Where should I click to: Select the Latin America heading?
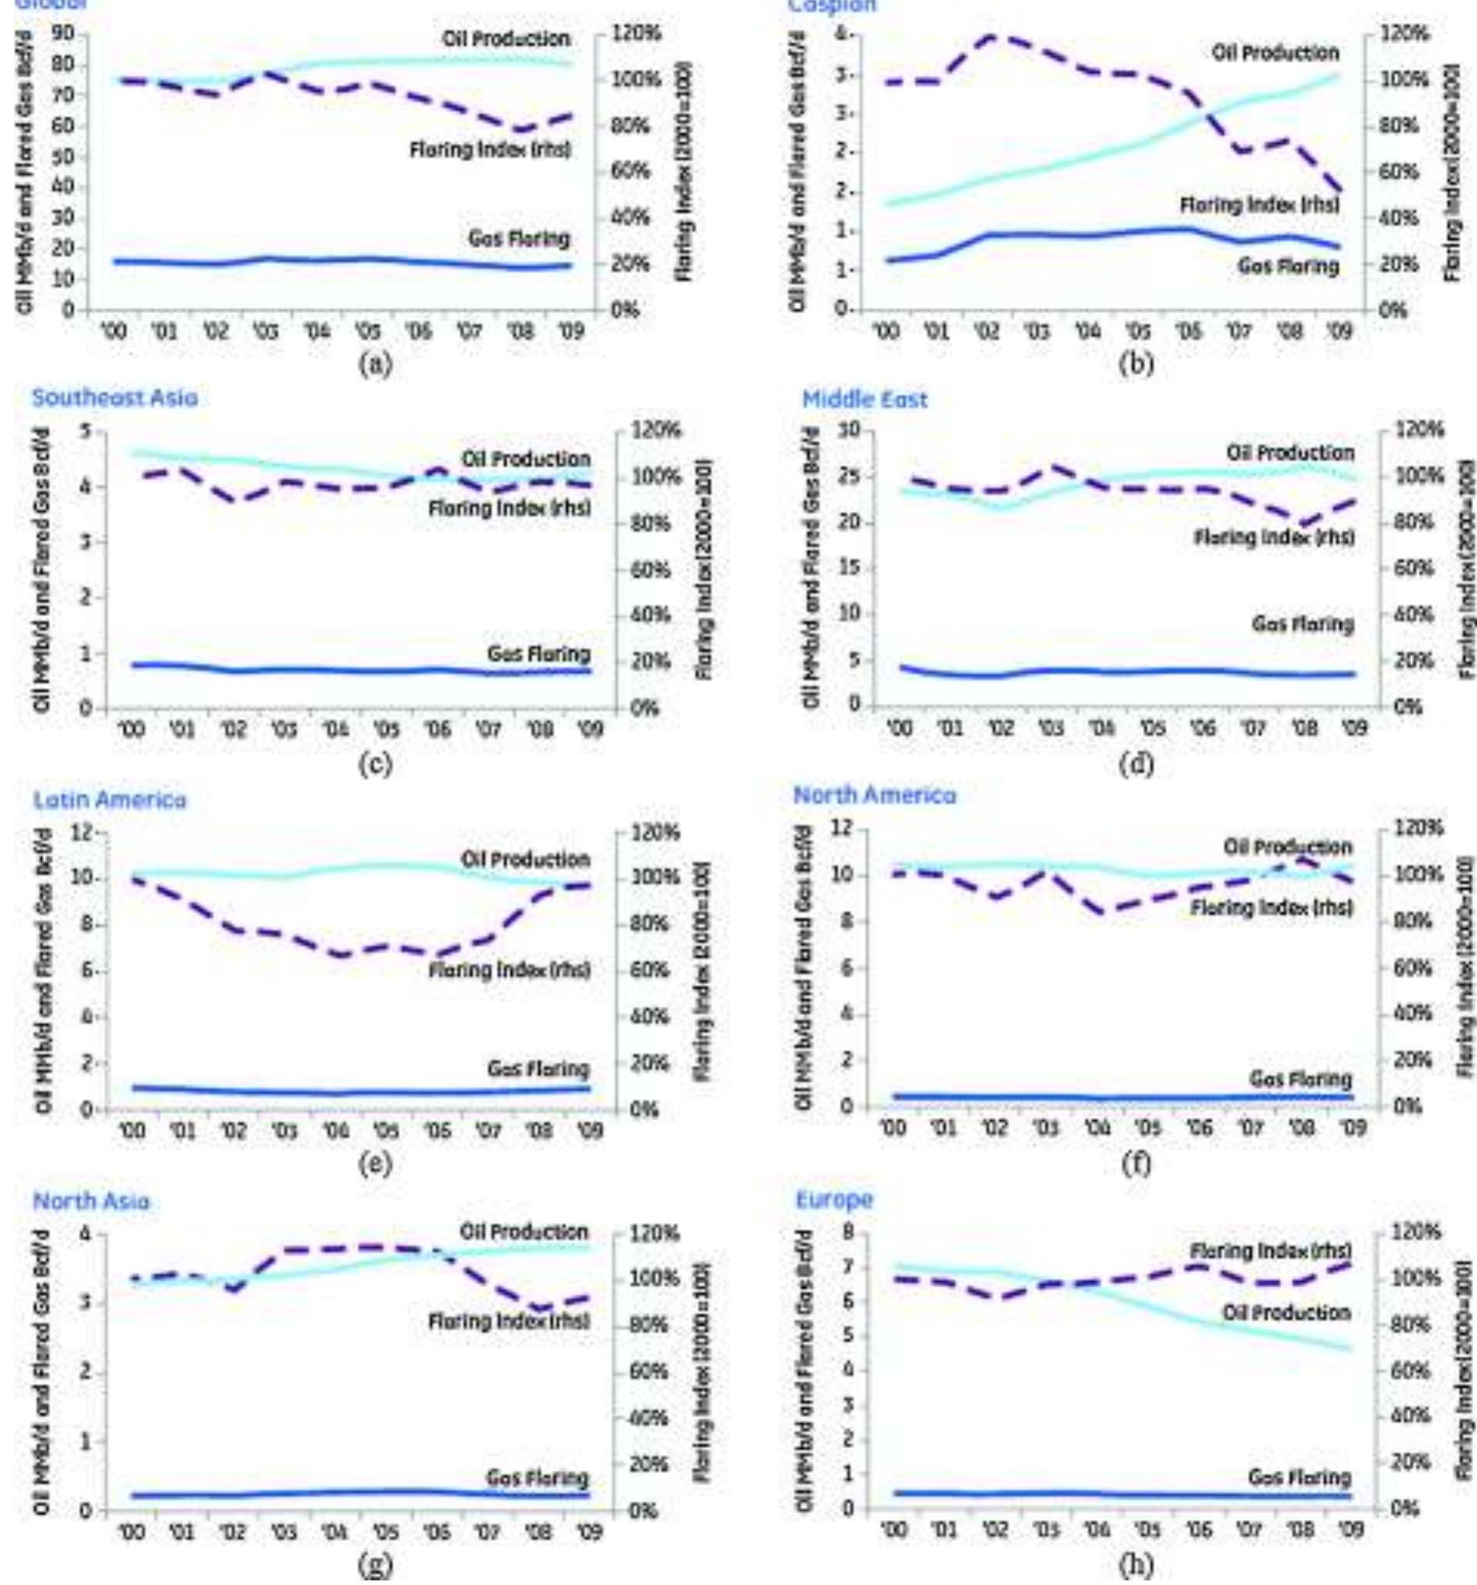coord(109,799)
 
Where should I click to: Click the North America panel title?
coord(874,795)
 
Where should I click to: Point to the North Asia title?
coord(91,1201)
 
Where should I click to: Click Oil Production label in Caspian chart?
coord(1275,53)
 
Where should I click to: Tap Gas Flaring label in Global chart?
coord(519,237)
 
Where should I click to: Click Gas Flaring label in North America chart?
coord(1300,1080)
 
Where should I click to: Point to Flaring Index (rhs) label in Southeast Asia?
coord(510,508)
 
